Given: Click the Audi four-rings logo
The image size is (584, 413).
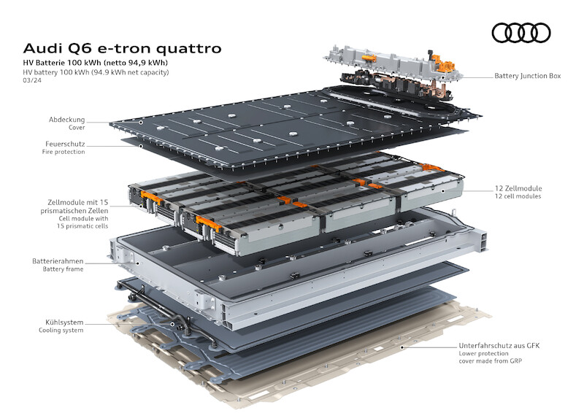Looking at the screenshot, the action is (521, 33).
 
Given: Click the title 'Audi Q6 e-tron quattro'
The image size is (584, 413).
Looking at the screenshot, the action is (122, 48).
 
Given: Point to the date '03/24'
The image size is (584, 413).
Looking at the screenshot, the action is (32, 80).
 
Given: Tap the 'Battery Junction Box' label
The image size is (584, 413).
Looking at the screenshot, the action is (527, 76).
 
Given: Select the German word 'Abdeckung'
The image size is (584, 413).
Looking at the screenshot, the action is (66, 120).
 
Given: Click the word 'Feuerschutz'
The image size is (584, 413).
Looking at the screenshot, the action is (65, 144).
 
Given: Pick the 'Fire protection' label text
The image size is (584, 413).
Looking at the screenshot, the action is (64, 152).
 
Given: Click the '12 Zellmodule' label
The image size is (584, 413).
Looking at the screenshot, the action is (518, 188).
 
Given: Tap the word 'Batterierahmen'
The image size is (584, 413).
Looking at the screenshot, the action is (58, 261).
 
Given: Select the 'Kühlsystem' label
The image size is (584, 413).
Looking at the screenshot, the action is (64, 323).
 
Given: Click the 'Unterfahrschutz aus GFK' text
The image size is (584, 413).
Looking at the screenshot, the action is (499, 346).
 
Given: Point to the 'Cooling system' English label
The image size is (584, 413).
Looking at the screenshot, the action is (61, 331).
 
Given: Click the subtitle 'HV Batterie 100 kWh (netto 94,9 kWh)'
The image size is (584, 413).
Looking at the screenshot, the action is (96, 63).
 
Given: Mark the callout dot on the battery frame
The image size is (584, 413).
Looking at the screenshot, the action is (137, 263).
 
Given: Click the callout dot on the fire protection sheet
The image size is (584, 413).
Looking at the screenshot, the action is (141, 146).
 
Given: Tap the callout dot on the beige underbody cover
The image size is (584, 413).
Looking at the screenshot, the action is (402, 347).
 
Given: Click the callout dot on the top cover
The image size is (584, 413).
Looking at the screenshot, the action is (141, 122).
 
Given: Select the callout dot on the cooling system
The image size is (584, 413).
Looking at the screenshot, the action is (172, 324).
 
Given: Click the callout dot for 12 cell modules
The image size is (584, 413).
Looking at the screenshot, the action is (443, 191).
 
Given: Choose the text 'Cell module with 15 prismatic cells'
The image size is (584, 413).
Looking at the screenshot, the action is (82, 223).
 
